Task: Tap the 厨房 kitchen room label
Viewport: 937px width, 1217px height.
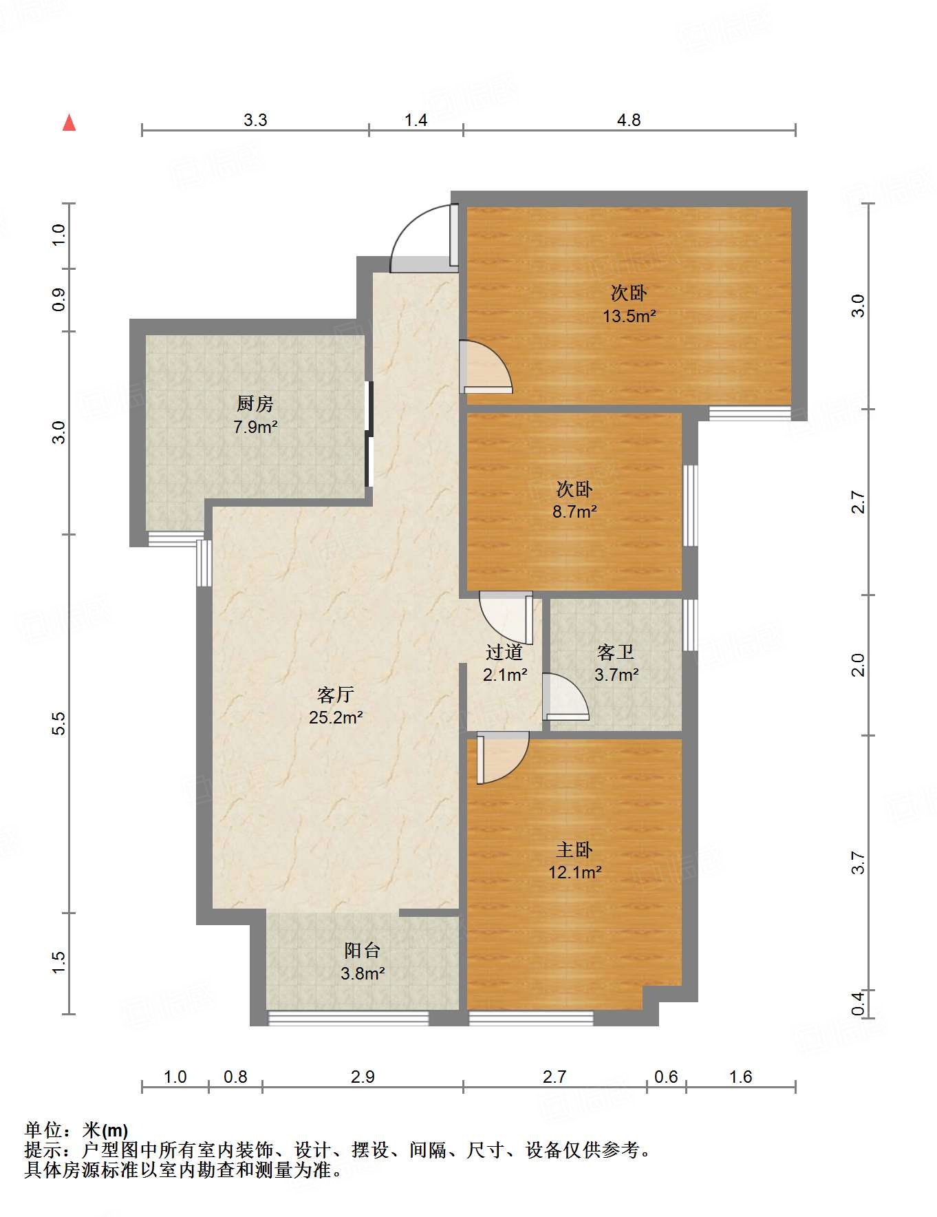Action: coord(255,404)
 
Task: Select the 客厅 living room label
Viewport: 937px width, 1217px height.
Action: coord(336,695)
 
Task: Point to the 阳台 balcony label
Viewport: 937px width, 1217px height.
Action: coord(363,951)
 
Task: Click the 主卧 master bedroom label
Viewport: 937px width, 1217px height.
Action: coord(574,850)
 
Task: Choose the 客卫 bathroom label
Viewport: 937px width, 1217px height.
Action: coord(616,652)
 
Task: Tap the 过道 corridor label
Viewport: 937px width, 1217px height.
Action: coord(504,652)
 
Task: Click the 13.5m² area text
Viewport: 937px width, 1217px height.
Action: coord(629,317)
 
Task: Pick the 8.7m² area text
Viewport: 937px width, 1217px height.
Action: coord(574,512)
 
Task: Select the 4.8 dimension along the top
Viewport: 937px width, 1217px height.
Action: coord(629,120)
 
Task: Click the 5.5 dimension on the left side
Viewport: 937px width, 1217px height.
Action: coord(59,723)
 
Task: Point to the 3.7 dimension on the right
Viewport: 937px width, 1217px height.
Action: coord(858,863)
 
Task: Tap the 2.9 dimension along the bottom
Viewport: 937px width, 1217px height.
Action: coord(363,1077)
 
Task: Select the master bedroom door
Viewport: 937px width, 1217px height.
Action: coord(503,758)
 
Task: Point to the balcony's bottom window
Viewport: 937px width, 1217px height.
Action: coord(348,1018)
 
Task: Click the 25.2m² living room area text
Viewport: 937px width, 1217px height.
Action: coord(336,718)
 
